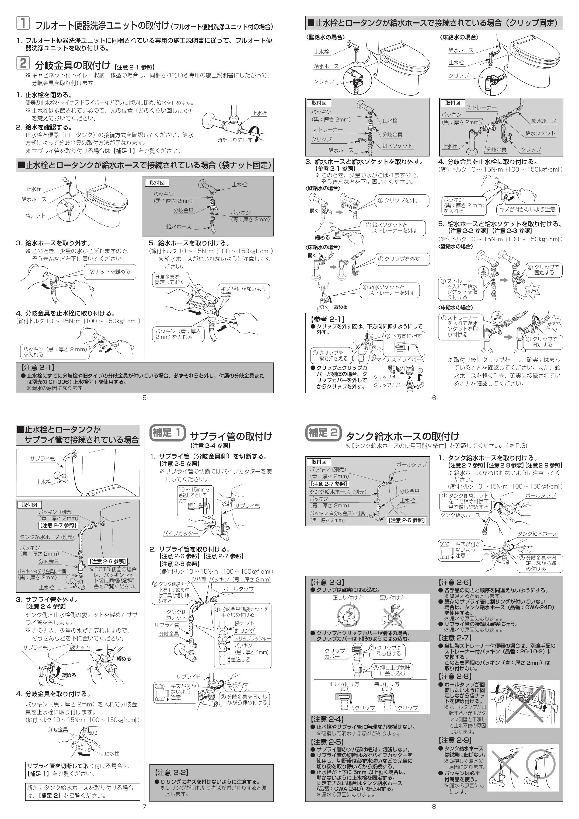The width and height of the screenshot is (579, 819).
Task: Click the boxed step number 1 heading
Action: tap(23, 23)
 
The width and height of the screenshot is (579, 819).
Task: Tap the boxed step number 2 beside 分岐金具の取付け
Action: tap(23, 63)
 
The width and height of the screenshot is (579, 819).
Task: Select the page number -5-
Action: tap(145, 398)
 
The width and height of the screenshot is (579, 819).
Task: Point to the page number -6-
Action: tap(434, 398)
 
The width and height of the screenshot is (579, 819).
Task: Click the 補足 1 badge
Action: tap(168, 433)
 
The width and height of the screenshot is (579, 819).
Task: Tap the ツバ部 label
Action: tap(199, 580)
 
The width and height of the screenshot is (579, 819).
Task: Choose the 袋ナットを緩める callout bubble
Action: tap(110, 272)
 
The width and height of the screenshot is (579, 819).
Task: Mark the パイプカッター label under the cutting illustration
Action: tap(180, 533)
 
